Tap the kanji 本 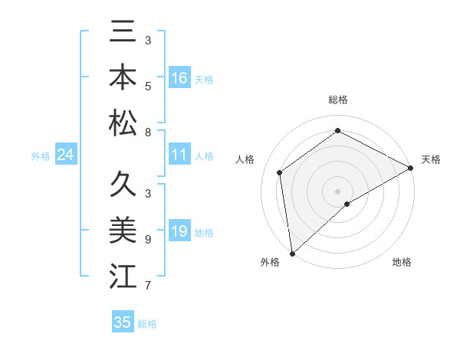pyautogui.click(x=123, y=79)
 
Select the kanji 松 pyautogui.click(x=123, y=123)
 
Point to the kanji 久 pyautogui.click(x=123, y=185)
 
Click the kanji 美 pyautogui.click(x=123, y=231)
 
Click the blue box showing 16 pyautogui.click(x=179, y=78)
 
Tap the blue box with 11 pyautogui.click(x=179, y=155)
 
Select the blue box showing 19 pyautogui.click(x=179, y=231)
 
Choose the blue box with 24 pyautogui.click(x=65, y=155)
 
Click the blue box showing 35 pyautogui.click(x=123, y=322)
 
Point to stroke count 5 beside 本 pyautogui.click(x=147, y=86)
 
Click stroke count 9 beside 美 pyautogui.click(x=147, y=239)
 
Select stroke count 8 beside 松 pyautogui.click(x=147, y=133)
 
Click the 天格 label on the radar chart pyautogui.click(x=431, y=159)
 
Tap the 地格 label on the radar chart pyautogui.click(x=402, y=262)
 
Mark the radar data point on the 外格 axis pyautogui.click(x=292, y=253)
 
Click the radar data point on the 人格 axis pyautogui.click(x=280, y=172)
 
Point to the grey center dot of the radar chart pyautogui.click(x=337, y=190)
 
